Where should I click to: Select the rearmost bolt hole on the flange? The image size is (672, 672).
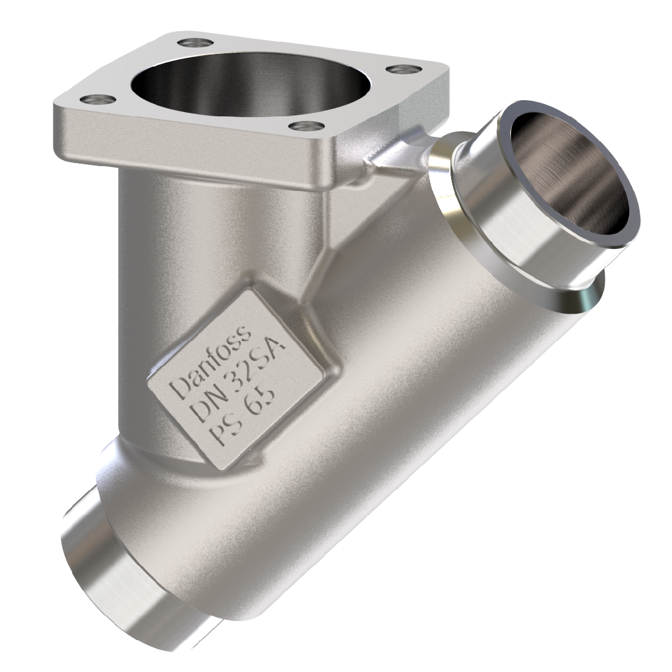click(x=194, y=43)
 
